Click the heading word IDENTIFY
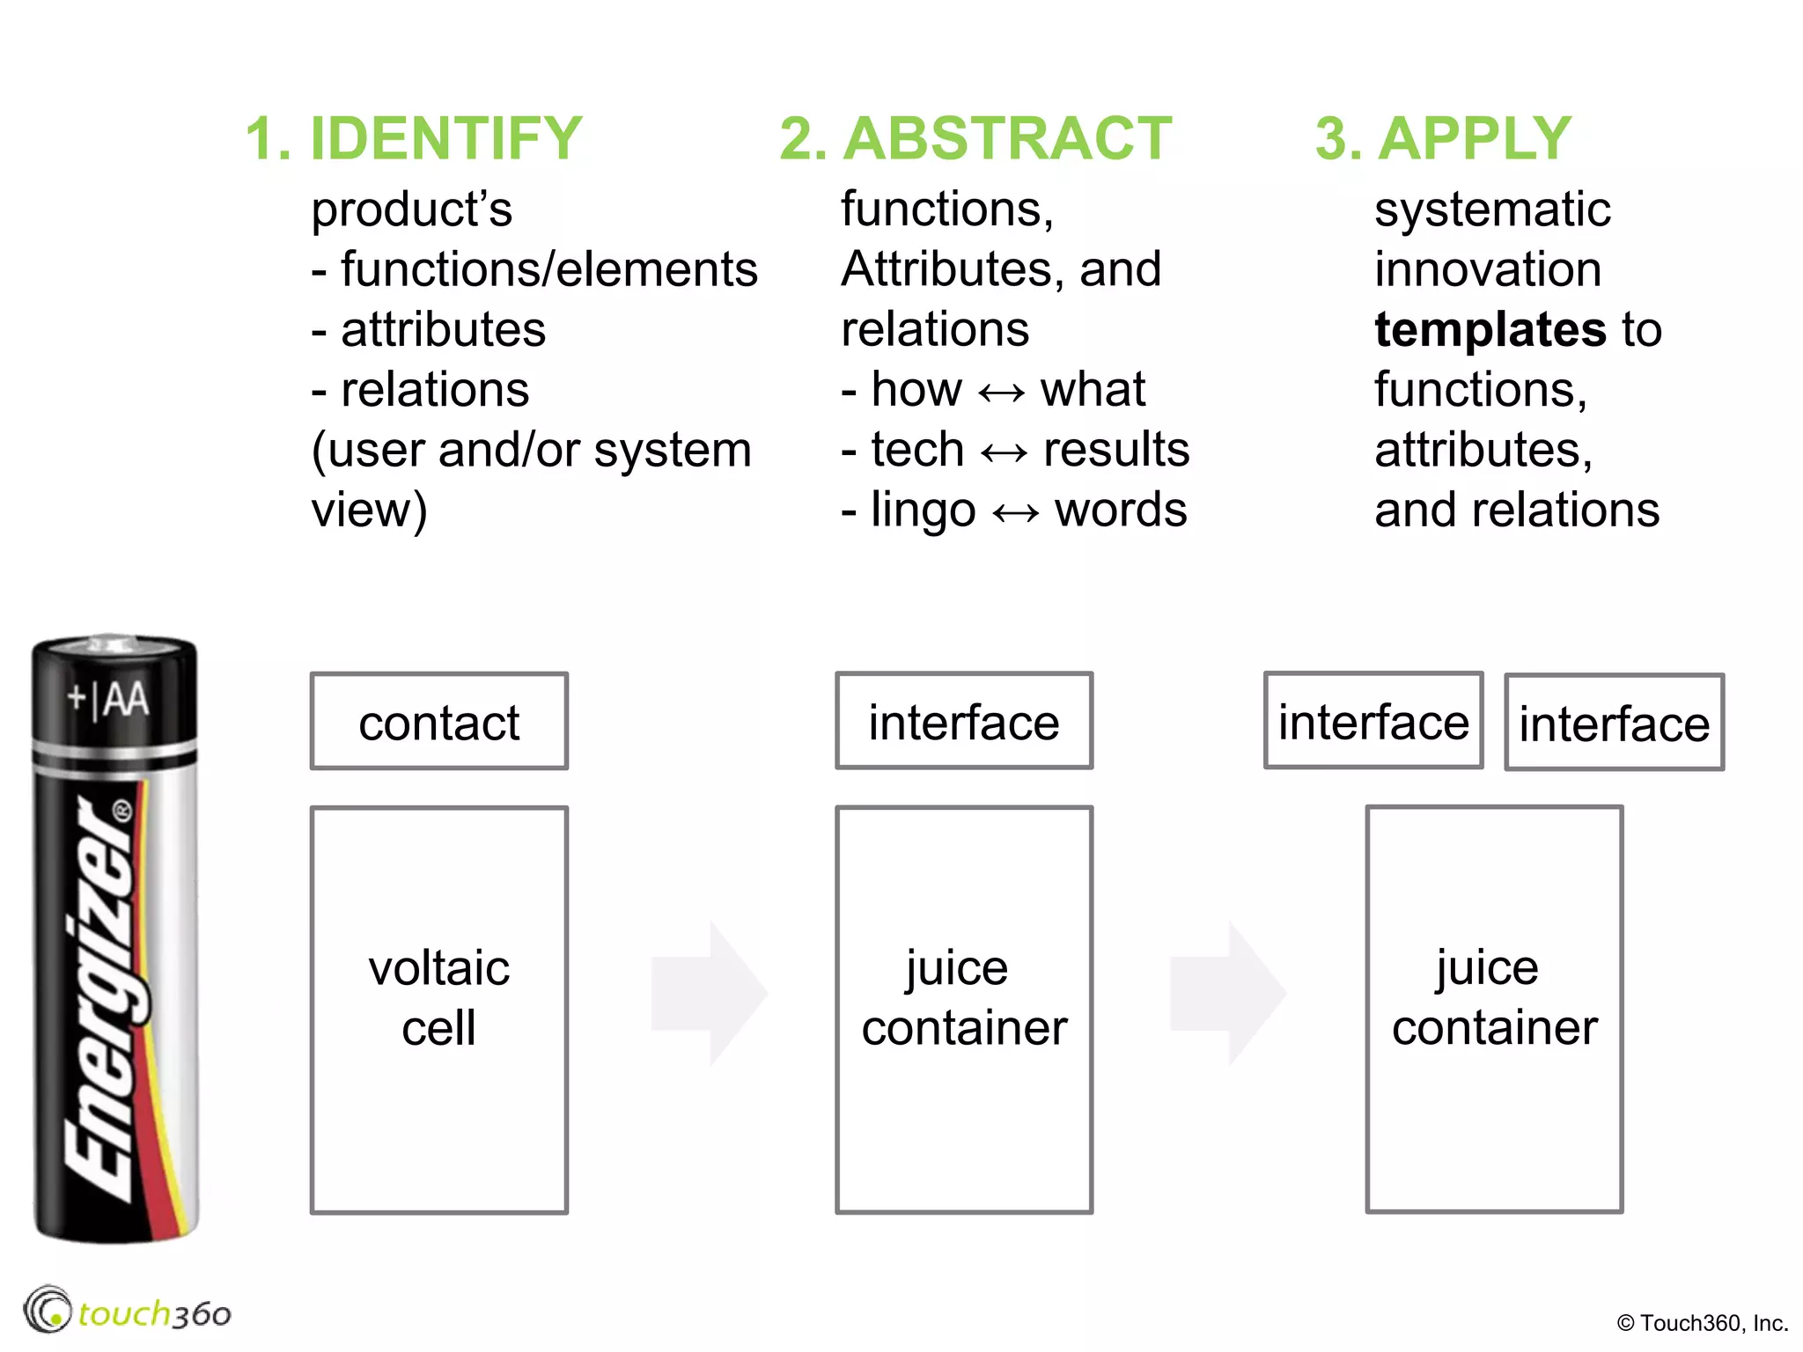pos(445,139)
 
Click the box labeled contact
pos(438,722)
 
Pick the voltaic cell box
pos(438,1010)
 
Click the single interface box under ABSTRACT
pos(964,722)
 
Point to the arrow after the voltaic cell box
pos(709,993)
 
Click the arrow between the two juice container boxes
pos(1227,993)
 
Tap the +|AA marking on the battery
pos(109,700)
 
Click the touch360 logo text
pos(154,1314)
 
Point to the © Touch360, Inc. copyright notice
pos(1702,1323)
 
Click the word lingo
pos(923,511)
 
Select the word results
pos(1115,451)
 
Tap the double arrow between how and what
pos(1001,392)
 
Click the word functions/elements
pos(548,270)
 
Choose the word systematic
pos(1492,210)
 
